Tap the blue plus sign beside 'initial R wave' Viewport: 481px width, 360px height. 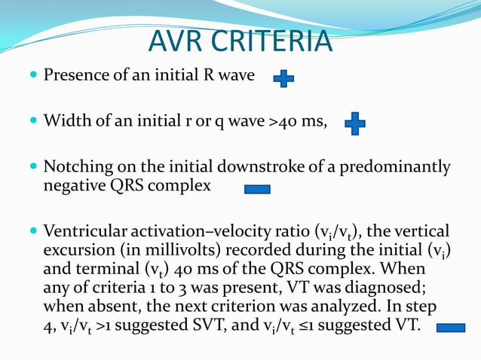click(x=283, y=78)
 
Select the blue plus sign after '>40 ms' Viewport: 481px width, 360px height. click(x=354, y=124)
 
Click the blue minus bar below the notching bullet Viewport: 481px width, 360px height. click(x=257, y=189)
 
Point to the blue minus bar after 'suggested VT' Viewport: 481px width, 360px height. click(x=451, y=328)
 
